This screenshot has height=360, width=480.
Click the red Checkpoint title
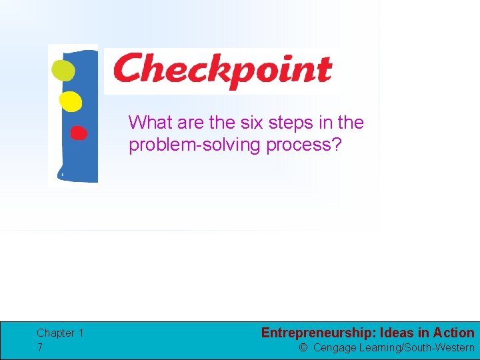tap(222, 71)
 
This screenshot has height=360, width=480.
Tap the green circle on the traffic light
tap(64, 70)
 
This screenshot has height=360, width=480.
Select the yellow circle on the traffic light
tap(70, 101)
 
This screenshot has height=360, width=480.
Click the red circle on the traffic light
tap(79, 133)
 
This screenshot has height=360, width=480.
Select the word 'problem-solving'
tap(195, 145)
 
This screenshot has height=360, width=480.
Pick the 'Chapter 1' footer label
tap(60, 333)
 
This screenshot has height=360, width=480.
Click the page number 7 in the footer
tap(40, 347)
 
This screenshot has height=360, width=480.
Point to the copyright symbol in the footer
tap(303, 347)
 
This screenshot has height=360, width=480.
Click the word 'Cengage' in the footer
tap(334, 347)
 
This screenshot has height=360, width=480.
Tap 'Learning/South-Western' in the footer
tap(416, 347)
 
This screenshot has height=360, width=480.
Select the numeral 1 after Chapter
tap(81, 333)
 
